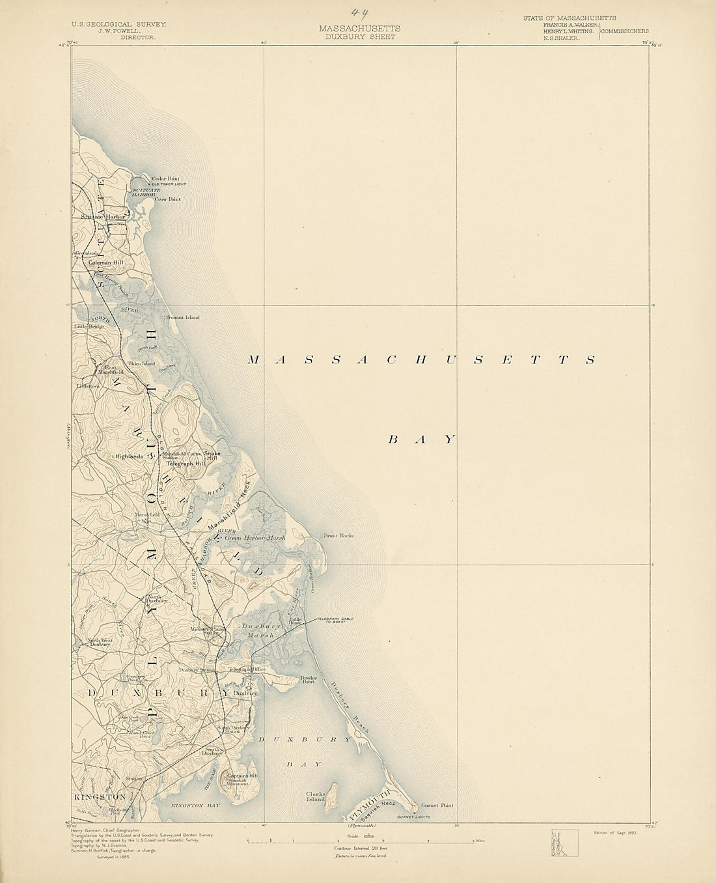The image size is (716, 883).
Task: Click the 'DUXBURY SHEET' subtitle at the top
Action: [x=360, y=37]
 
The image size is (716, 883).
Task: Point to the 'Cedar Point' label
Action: [x=165, y=178]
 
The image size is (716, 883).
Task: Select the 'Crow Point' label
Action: [x=167, y=199]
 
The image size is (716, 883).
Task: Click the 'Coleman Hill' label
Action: [x=111, y=262]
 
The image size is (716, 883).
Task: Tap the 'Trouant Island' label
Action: [x=183, y=318]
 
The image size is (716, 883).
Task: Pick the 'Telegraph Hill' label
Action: [x=186, y=464]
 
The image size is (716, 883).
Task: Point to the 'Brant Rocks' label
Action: [x=338, y=536]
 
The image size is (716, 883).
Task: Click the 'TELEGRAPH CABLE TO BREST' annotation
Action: [x=335, y=621]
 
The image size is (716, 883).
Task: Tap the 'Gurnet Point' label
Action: [x=437, y=805]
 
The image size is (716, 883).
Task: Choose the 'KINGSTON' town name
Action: [x=100, y=797]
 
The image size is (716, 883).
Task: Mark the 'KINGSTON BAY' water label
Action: [x=195, y=806]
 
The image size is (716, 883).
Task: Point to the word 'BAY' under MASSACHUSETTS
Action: [x=421, y=440]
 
